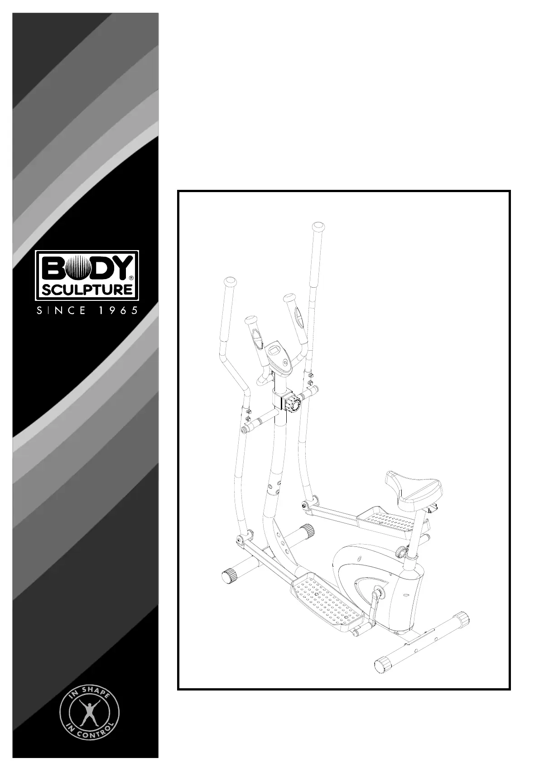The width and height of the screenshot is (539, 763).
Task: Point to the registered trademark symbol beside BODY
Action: tap(131, 277)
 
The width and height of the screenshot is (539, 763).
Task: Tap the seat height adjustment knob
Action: tap(401, 552)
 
